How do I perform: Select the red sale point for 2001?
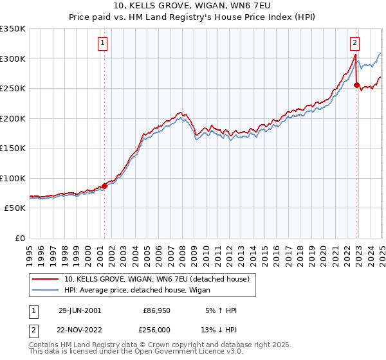coord(104,186)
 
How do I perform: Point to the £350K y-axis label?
coord(13,29)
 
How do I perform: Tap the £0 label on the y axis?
coord(19,238)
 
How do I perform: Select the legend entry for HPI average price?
coord(143,290)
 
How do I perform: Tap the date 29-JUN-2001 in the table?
coord(80,310)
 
